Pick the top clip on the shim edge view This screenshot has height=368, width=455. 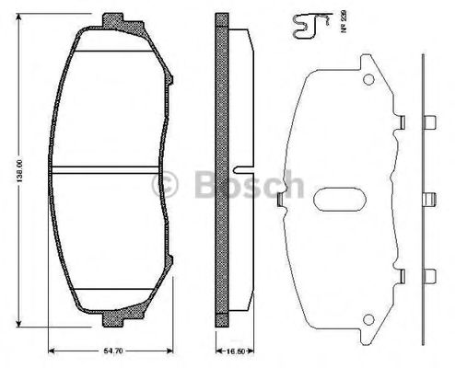[427, 120]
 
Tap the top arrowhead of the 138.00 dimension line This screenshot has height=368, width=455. [24, 19]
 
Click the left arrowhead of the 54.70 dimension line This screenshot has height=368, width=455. [53, 349]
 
